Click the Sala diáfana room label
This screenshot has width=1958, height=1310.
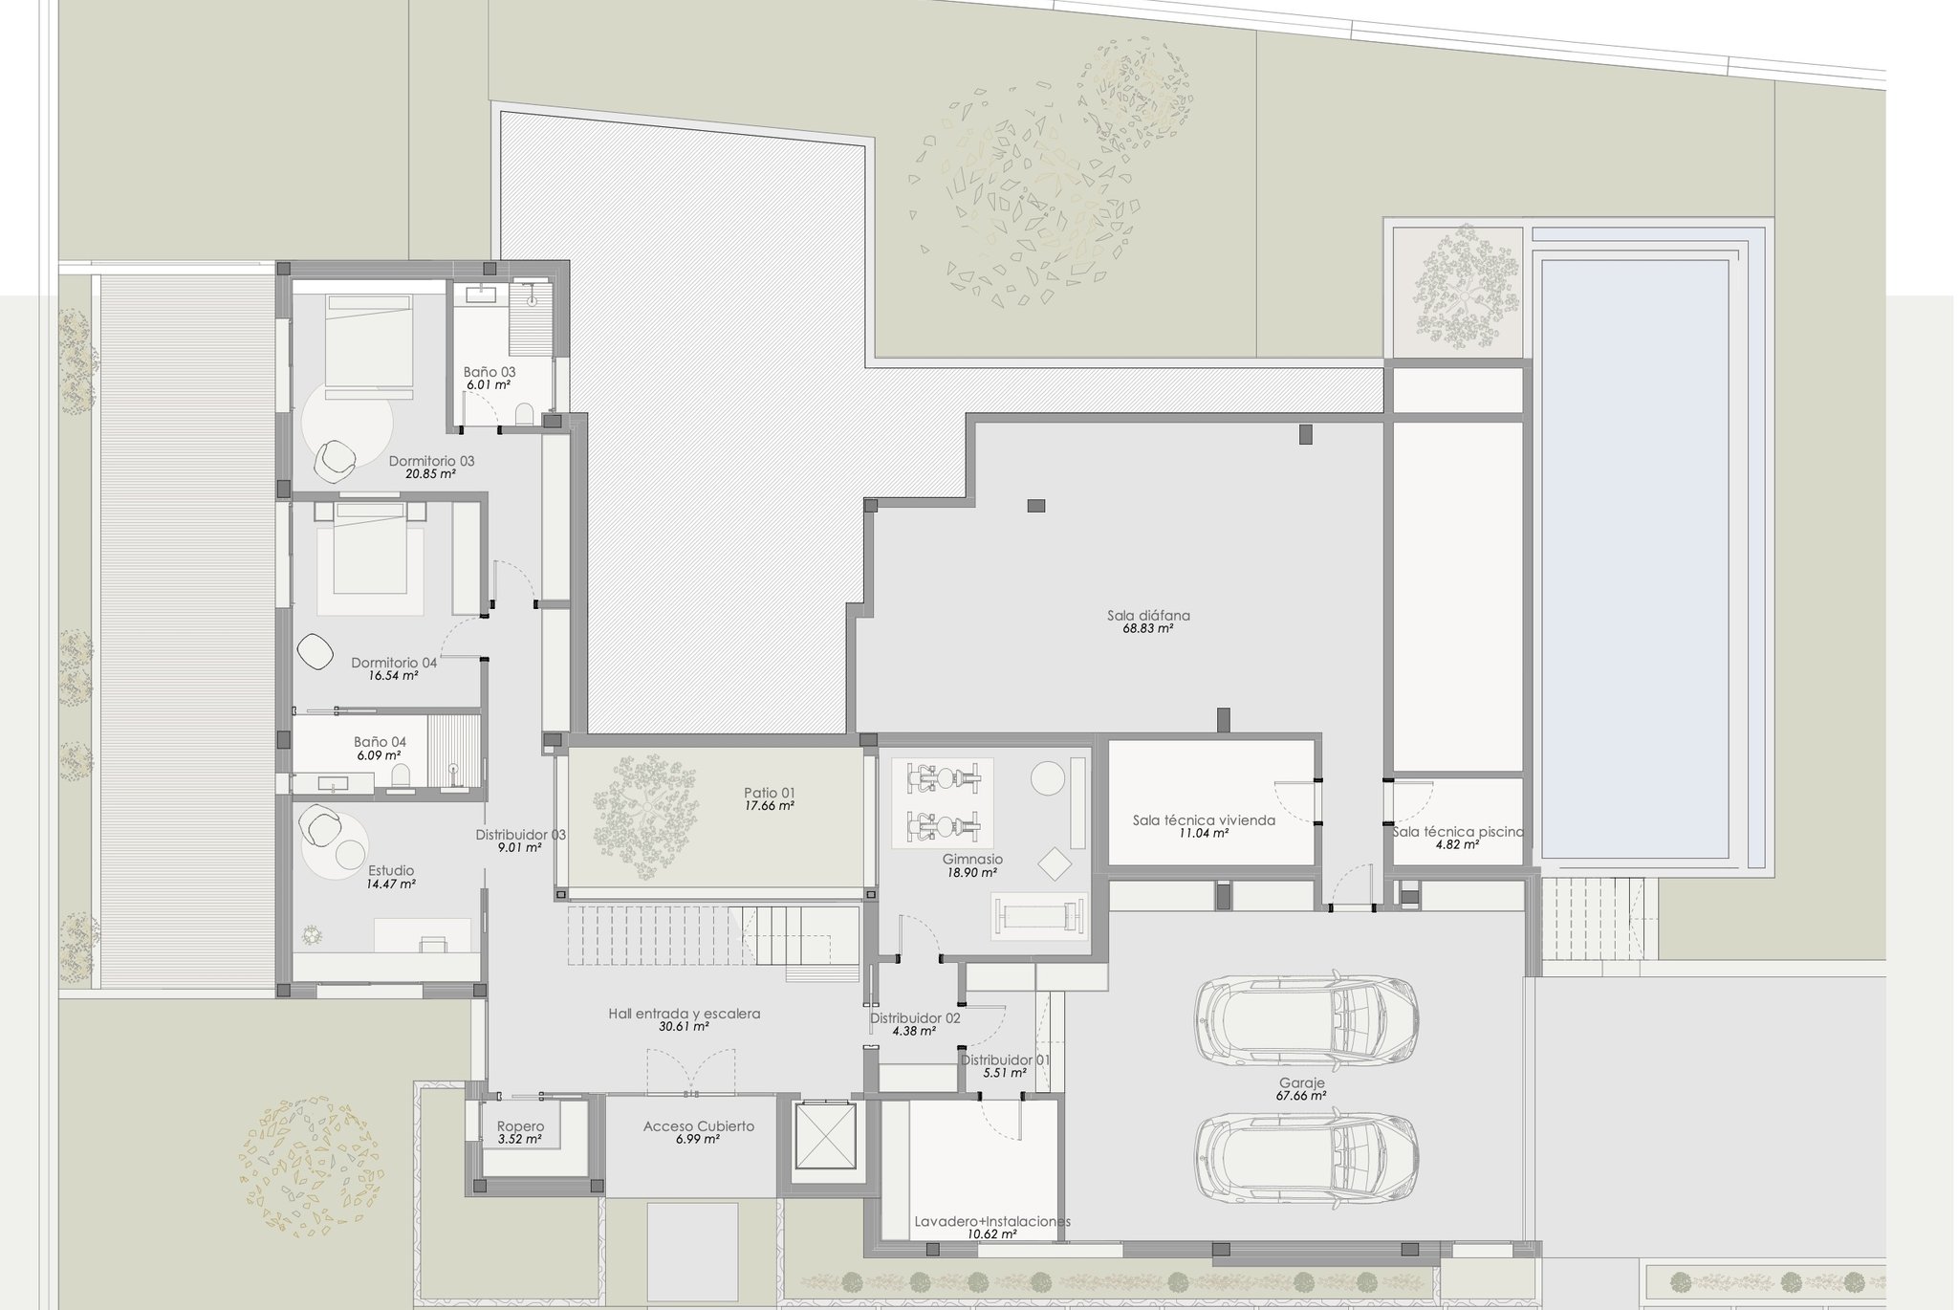click(1148, 616)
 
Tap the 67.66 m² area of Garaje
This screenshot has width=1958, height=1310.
click(1301, 1096)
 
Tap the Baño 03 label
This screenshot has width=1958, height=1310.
click(489, 372)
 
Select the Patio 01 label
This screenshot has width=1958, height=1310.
click(770, 793)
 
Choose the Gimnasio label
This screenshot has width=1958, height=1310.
click(972, 860)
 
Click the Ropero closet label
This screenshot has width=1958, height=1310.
click(520, 1126)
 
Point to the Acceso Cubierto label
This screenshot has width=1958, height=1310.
click(699, 1126)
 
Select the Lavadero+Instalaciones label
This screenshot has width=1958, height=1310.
click(992, 1221)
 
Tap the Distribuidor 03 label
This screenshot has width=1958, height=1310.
click(521, 834)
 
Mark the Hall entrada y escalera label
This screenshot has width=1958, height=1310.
click(685, 1014)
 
